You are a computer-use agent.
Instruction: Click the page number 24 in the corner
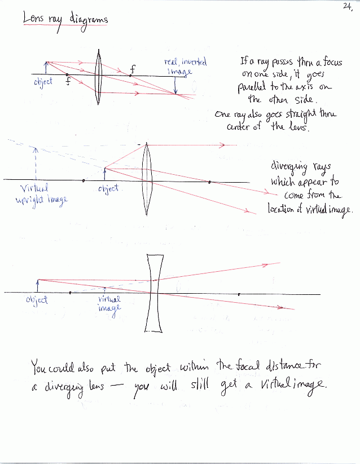(347, 6)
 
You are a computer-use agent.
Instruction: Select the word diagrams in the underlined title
(89, 20)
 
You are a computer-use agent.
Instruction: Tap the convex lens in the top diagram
(99, 76)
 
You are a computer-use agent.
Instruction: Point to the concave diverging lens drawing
(153, 293)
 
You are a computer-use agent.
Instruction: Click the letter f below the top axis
(68, 81)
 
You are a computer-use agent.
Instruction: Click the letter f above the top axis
(133, 69)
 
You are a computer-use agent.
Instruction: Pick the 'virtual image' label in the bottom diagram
(109, 304)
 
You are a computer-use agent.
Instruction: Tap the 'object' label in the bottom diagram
(37, 300)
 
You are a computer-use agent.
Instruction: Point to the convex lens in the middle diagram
(147, 179)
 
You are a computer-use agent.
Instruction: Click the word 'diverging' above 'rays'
(293, 168)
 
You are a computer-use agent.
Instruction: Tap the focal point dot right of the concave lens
(239, 294)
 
